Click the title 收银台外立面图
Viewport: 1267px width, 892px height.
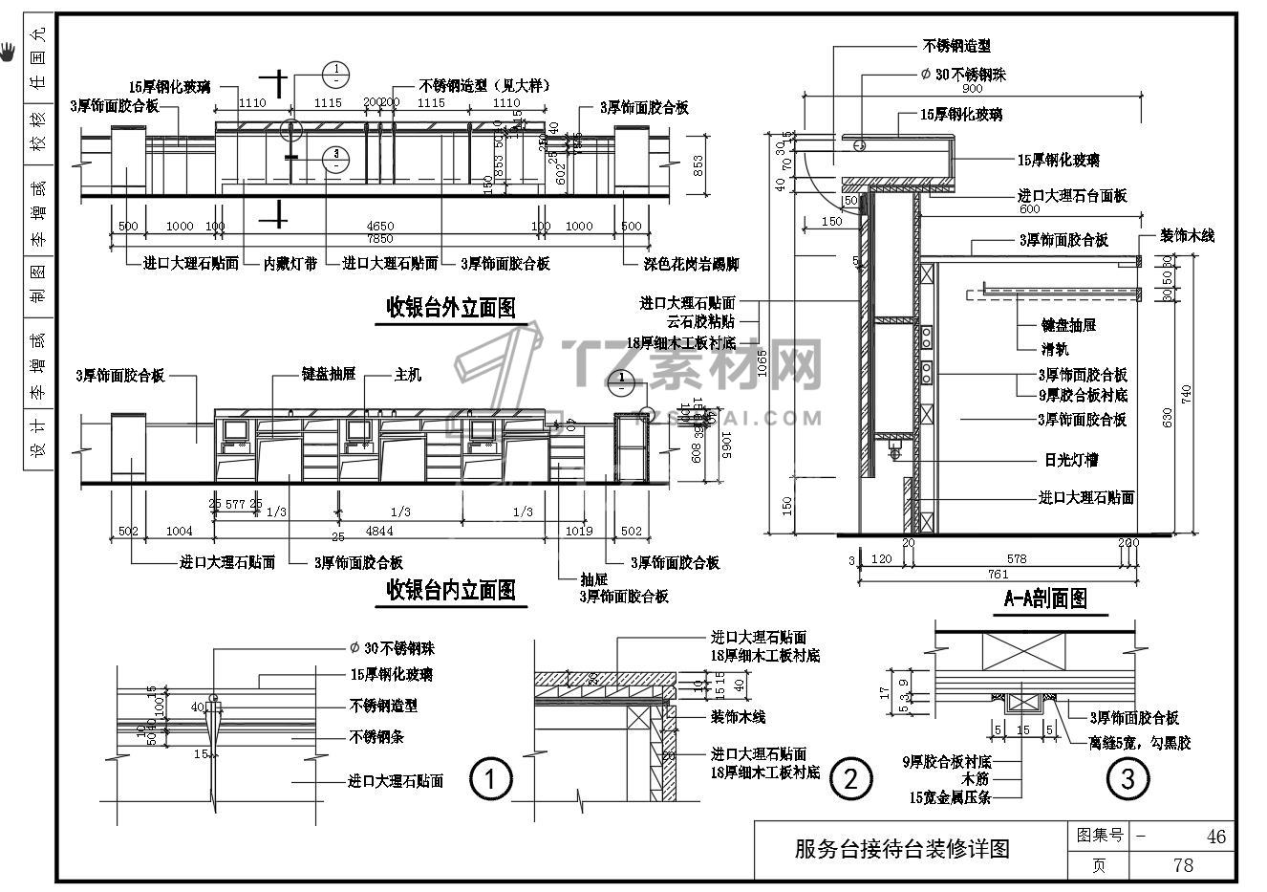450,307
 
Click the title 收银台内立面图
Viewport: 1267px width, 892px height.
450,590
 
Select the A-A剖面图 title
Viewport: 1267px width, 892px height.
1045,599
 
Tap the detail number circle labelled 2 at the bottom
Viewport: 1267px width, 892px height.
849,779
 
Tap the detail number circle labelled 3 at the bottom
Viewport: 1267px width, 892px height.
1127,779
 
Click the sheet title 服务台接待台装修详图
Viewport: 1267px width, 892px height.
902,849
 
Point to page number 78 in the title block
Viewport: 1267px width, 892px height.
1182,865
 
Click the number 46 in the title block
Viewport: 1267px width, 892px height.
1215,837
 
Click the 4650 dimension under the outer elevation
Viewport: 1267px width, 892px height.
381,227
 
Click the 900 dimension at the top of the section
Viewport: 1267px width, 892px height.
973,89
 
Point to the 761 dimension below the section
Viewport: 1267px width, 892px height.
998,575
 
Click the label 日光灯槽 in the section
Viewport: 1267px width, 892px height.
1069,460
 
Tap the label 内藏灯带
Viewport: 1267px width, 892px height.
290,263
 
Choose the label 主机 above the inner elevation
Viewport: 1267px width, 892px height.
407,375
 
